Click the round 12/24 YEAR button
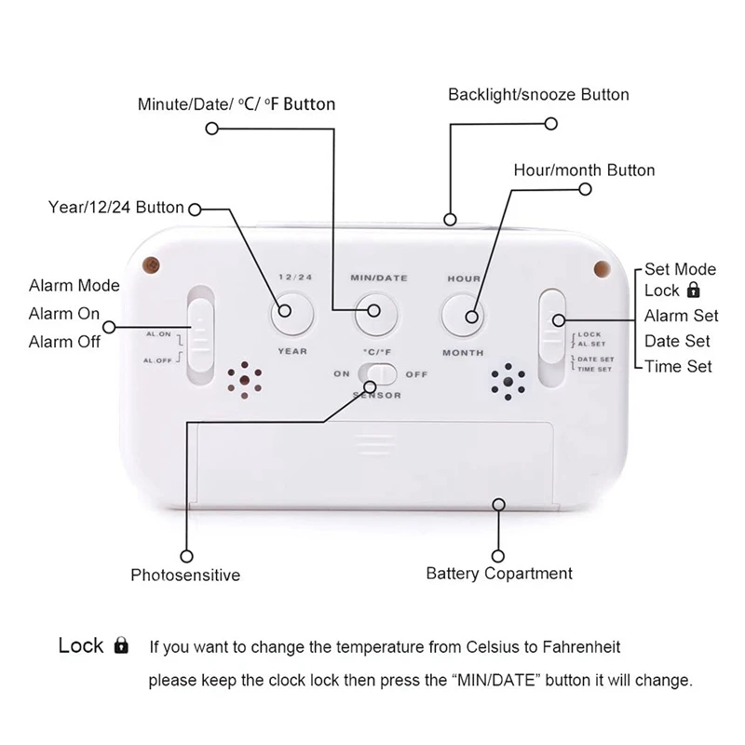tap(291, 313)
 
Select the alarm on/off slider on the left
tap(200, 332)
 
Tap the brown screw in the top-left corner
tap(150, 264)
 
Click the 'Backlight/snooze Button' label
tap(538, 95)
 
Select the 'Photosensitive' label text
tap(185, 575)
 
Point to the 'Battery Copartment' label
tap(499, 573)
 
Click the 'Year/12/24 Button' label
tap(115, 207)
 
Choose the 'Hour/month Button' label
tap(584, 170)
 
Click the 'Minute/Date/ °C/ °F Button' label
tap(237, 103)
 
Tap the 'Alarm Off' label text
tap(64, 341)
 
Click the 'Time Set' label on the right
tap(678, 366)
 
